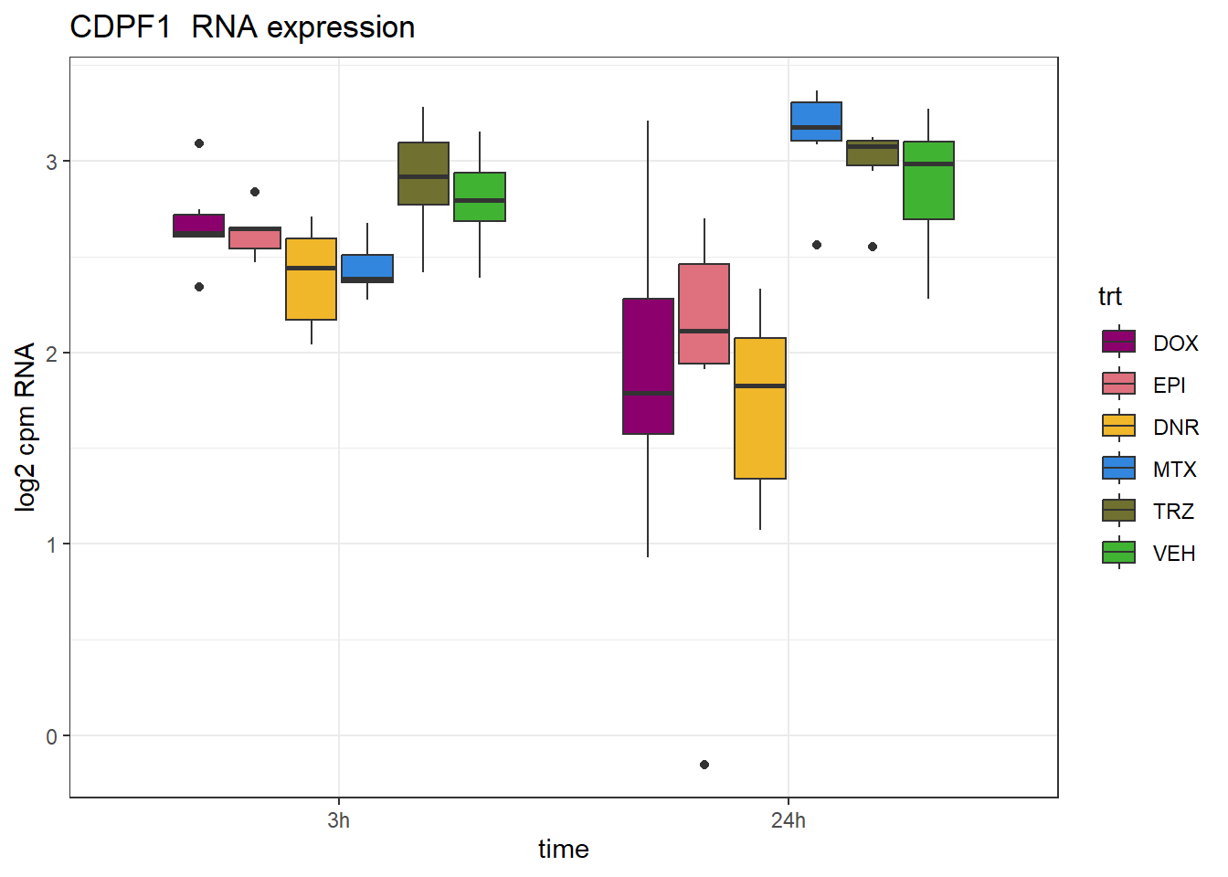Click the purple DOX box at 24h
coord(648,365)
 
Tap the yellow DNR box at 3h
coord(311,279)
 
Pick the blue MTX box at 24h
coord(816,122)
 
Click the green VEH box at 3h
coord(480,196)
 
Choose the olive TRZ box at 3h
coord(423,174)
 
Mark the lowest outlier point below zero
coord(704,765)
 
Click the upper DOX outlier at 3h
coord(199,143)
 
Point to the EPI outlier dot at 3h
coord(255,192)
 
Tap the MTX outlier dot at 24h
coord(817,245)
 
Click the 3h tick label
coord(338,820)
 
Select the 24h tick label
coord(789,820)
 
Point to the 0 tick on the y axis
coord(52,736)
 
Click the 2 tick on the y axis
coord(52,354)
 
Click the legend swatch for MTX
coord(1119,469)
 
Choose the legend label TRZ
coord(1173,512)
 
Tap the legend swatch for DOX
coord(1119,342)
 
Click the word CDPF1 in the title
coord(121,27)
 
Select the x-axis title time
coord(564,850)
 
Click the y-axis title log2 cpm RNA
coord(26,427)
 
